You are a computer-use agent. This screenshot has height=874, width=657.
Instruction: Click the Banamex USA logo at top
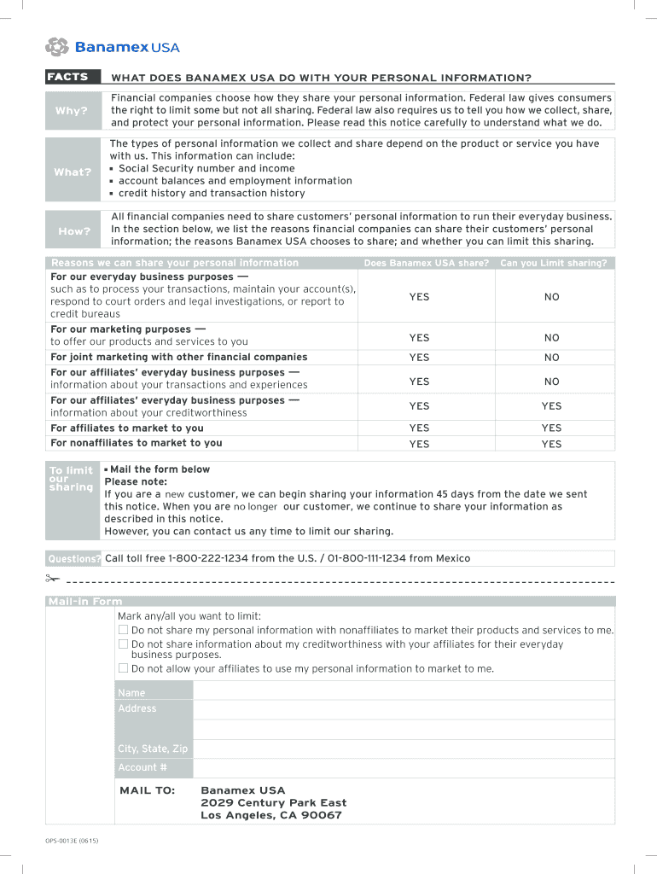coord(112,47)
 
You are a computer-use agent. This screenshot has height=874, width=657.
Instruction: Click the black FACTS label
coord(68,77)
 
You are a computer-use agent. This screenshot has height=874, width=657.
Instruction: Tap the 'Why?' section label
coord(72,111)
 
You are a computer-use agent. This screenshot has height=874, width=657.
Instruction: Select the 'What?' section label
coord(72,172)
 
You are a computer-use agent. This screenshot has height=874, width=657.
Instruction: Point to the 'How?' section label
coord(73,231)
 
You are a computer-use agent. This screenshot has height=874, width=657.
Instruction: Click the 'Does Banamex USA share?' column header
coord(426,263)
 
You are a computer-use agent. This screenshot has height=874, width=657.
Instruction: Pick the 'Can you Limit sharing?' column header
coord(553,263)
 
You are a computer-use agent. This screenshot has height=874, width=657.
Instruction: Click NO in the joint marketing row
coord(552,358)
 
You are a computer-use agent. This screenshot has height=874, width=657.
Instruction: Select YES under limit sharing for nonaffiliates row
coord(552,444)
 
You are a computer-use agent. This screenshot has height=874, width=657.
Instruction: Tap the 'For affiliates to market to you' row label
coord(127,428)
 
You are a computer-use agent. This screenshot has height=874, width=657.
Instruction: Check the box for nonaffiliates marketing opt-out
coord(123,630)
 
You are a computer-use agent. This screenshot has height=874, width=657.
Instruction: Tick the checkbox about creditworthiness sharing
coord(123,644)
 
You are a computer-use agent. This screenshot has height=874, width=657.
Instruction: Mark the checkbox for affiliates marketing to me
coord(123,668)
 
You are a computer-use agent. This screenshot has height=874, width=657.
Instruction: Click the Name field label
coord(131,693)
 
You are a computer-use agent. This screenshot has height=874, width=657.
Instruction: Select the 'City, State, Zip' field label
coord(153,749)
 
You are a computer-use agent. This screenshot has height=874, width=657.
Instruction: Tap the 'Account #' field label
coord(137,767)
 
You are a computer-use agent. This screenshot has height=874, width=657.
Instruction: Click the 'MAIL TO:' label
coord(147,790)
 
